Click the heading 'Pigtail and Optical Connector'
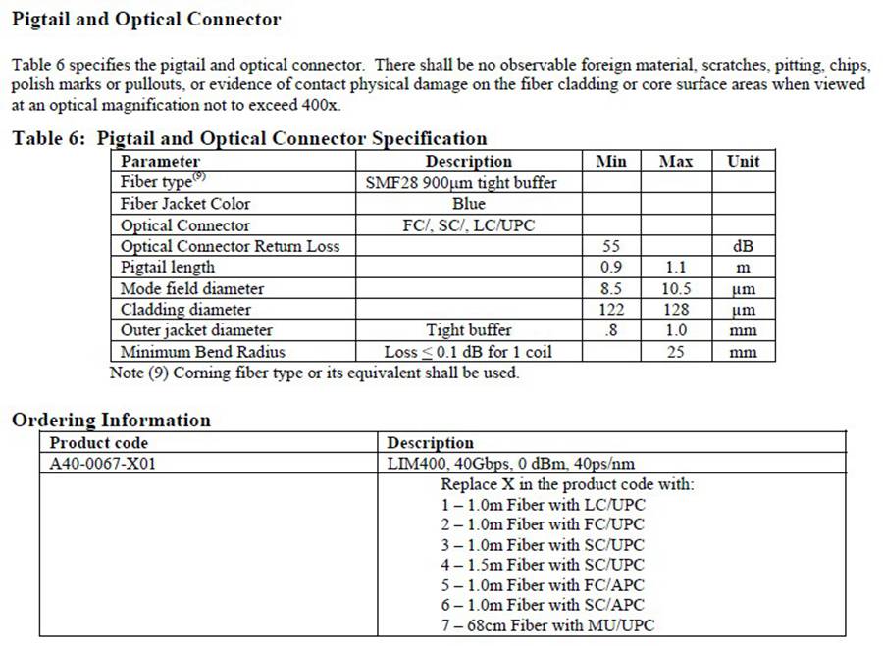(146, 19)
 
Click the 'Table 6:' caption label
(50, 138)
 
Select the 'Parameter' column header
(160, 161)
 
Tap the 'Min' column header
(610, 161)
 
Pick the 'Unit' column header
(743, 161)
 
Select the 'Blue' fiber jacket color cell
(468, 204)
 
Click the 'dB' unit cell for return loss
(743, 246)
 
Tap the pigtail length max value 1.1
(675, 267)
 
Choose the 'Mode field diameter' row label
(192, 288)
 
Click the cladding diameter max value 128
(675, 310)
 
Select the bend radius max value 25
(675, 352)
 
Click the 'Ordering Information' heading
(111, 420)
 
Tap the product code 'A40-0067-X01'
(102, 464)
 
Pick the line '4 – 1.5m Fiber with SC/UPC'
(543, 564)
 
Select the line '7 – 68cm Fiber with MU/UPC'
(547, 625)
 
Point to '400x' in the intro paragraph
(320, 105)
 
